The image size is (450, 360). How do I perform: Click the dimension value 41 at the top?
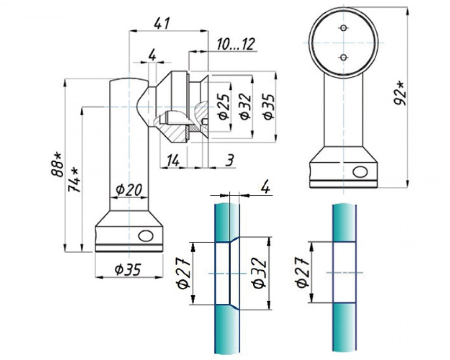pos(162,23)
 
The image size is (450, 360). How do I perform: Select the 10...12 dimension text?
pos(236,44)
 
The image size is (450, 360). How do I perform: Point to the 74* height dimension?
pos(74,179)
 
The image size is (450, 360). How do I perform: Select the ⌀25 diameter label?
pos(223,107)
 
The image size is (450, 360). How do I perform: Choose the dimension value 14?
pos(172,161)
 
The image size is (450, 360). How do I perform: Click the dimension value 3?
pos(229,161)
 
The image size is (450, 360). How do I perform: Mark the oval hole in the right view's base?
pos(360,172)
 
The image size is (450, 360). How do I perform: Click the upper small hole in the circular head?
pos(344,29)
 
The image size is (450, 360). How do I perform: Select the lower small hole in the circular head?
pos(344,57)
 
